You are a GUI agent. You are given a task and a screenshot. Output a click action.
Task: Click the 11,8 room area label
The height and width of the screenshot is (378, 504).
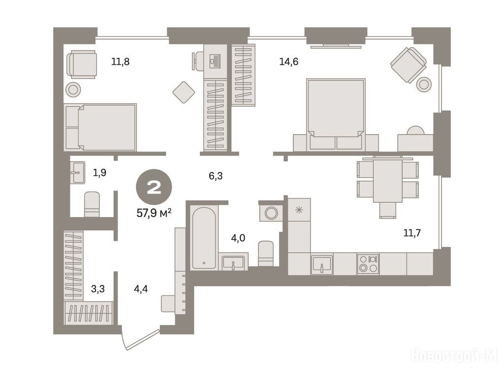click(x=120, y=61)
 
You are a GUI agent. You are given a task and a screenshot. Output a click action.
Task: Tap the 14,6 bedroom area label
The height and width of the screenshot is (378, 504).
click(x=288, y=61)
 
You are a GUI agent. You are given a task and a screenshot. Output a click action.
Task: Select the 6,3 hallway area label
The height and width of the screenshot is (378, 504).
click(x=216, y=176)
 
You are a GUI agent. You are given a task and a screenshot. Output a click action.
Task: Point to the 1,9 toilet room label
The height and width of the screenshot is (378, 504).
click(x=99, y=173)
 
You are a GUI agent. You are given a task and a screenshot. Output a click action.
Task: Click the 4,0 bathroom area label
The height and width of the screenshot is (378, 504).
click(x=238, y=238)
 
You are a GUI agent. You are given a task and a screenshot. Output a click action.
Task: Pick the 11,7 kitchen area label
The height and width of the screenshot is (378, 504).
click(x=412, y=232)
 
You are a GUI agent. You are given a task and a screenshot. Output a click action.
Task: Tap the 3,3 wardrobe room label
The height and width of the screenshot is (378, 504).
click(x=98, y=288)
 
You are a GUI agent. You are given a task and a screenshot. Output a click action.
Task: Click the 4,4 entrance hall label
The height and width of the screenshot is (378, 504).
click(x=141, y=288)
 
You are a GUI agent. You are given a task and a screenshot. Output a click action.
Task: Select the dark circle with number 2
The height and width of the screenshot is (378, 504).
click(x=154, y=187)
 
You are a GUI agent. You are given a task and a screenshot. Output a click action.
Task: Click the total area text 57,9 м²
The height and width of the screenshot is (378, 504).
click(x=154, y=213)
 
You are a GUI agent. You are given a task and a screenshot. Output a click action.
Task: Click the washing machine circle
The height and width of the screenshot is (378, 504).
click(x=271, y=213)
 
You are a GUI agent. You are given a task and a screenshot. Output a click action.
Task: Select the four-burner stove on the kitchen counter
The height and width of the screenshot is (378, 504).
click(x=368, y=264)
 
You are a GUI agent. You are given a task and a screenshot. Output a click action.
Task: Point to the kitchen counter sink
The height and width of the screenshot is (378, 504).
click(x=322, y=264)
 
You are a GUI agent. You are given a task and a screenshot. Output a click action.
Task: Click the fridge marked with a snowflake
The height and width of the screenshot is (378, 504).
click(x=299, y=210)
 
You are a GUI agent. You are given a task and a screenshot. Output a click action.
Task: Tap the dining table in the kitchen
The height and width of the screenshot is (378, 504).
click(x=387, y=180)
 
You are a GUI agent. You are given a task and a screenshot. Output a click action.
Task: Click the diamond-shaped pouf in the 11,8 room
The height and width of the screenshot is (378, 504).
click(x=184, y=92)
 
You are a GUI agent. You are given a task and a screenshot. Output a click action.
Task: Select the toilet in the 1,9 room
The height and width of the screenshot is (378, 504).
click(x=92, y=204)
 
